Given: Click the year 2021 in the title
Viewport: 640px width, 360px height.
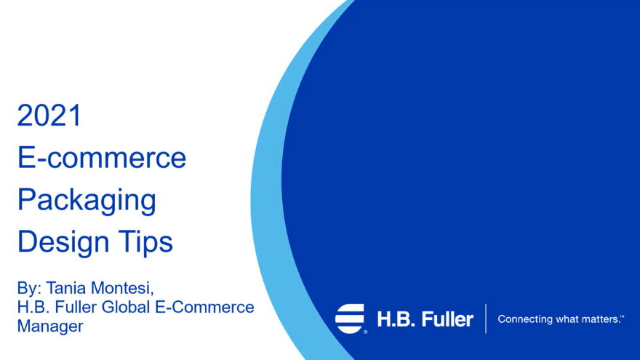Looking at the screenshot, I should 49,116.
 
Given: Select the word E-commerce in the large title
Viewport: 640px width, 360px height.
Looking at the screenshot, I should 102,158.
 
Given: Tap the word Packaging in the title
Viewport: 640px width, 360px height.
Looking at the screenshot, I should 87,201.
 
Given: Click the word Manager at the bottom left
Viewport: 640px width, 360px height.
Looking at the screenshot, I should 50,326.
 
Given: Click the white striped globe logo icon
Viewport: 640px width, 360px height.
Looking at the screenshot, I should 350,319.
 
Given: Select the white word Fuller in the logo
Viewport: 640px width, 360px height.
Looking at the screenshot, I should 446,319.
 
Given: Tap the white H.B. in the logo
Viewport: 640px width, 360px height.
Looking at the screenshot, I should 393,319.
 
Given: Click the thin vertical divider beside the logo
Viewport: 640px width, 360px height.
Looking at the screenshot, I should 486,319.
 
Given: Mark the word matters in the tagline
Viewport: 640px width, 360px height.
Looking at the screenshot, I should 599,319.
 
